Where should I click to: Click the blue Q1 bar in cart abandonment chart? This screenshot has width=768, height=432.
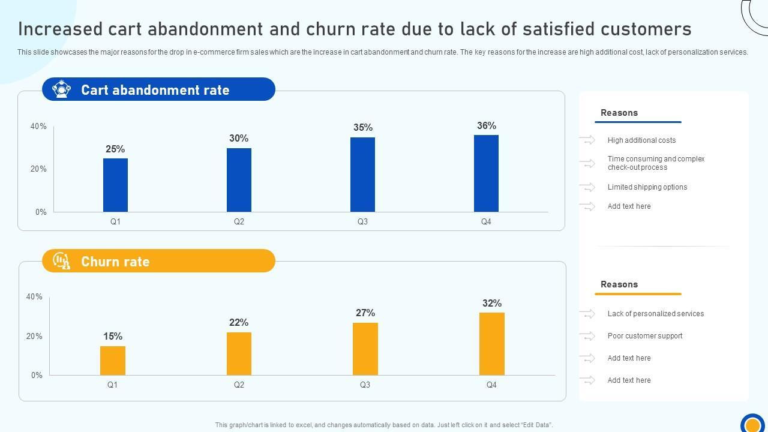tap(115, 185)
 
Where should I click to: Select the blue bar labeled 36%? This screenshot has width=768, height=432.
tap(486, 173)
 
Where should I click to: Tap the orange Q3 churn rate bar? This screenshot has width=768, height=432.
tap(365, 349)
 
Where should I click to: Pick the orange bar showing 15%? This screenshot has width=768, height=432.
tap(113, 361)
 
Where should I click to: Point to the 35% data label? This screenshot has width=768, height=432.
tap(363, 127)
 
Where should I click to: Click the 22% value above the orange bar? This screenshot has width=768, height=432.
tap(239, 323)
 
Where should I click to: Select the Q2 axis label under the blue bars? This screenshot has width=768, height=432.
tap(239, 221)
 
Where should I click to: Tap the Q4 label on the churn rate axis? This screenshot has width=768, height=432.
tap(491, 385)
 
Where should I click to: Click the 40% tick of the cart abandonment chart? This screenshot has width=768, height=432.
tap(38, 126)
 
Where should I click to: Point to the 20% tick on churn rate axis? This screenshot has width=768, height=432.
tap(34, 336)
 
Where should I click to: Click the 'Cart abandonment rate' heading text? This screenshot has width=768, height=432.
tap(155, 90)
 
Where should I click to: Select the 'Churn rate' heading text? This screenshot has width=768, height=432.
tap(115, 262)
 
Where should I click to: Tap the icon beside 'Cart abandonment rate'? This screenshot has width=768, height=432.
tap(61, 89)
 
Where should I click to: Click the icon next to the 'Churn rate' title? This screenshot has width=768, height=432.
tap(61, 261)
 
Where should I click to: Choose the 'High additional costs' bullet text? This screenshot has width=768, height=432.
tap(641, 140)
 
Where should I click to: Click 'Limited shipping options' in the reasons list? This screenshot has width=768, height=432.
tap(647, 187)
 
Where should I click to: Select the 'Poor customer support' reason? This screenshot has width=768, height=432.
tap(644, 336)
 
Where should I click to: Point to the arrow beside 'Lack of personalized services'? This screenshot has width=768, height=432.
tap(587, 314)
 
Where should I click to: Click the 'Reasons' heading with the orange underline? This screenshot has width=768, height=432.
tap(619, 284)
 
